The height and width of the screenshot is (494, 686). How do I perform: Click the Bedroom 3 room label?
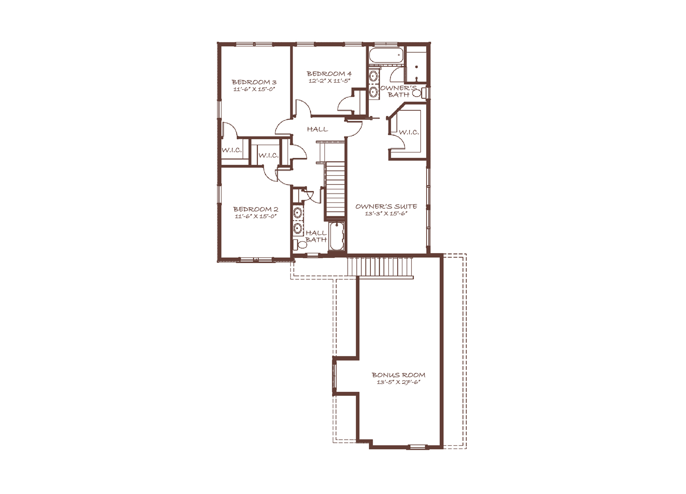254,82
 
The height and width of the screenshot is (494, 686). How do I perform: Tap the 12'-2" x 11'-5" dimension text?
329,81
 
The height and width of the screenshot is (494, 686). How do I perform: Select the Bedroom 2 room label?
256,209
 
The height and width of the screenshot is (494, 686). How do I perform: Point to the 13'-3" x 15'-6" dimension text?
386,214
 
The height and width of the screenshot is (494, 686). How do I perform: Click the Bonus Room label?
399,375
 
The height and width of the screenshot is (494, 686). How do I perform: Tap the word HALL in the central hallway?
317,129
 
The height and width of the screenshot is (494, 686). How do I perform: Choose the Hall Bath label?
316,236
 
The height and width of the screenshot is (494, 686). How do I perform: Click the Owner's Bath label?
399,91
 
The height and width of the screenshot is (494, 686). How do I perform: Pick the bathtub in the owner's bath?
386,55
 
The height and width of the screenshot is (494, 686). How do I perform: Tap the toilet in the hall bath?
301,245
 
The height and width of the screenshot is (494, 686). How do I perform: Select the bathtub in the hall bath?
336,236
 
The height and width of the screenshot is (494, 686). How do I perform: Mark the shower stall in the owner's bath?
416,64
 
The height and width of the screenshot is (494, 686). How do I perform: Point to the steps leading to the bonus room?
380,267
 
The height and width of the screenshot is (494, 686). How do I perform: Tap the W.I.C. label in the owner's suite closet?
409,132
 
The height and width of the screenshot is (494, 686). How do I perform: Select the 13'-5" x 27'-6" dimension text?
399,382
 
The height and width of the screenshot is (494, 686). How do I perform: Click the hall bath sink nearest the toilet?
298,228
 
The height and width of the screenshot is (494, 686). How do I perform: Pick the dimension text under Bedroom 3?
254,89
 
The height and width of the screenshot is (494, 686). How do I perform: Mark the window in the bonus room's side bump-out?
334,376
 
